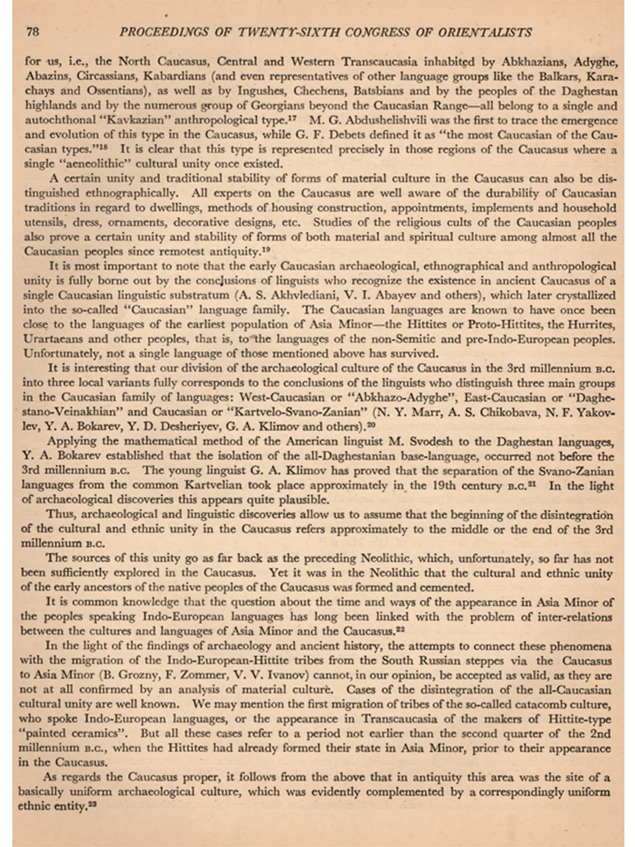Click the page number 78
pos(33,32)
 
